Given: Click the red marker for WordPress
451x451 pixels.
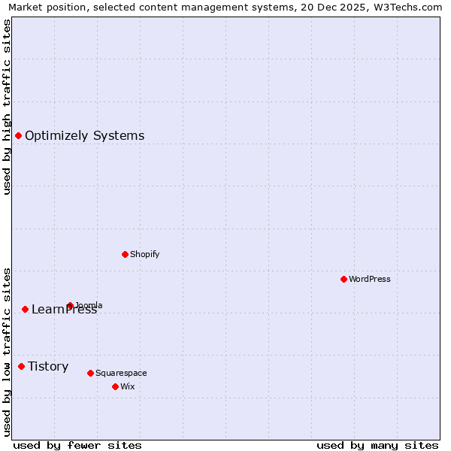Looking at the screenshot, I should click(x=344, y=279).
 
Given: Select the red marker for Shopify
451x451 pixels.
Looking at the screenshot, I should click(x=125, y=254).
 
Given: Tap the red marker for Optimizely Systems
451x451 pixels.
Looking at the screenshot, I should click(x=18, y=135).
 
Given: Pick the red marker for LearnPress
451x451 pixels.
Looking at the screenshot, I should click(x=25, y=309).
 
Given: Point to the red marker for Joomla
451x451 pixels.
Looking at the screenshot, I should click(x=70, y=305).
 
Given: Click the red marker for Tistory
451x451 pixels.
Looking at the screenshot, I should click(x=21, y=366).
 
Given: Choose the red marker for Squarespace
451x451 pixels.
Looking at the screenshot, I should click(x=90, y=373).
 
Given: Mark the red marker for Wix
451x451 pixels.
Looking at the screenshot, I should click(x=115, y=386).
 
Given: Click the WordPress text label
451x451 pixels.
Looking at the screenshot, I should click(x=370, y=279).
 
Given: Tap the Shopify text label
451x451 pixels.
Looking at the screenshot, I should click(x=145, y=254).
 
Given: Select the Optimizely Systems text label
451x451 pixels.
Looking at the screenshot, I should click(x=85, y=135).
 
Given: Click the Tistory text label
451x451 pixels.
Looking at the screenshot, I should click(x=48, y=366).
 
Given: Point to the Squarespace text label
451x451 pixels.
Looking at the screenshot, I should click(x=121, y=373).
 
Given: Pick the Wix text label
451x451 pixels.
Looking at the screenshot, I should click(x=127, y=386).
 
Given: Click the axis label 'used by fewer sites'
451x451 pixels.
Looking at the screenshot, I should click(x=77, y=445).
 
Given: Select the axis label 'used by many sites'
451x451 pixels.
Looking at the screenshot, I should click(x=377, y=445).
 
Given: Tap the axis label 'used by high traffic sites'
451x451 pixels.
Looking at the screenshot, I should click(x=7, y=107).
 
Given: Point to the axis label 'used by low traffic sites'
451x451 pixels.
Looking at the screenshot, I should click(x=7, y=351).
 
